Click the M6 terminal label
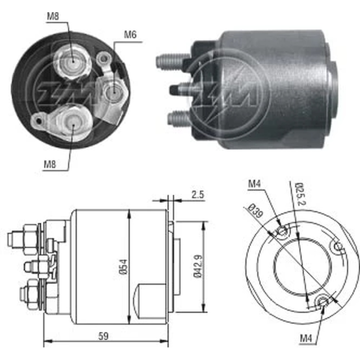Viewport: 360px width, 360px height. [130, 35]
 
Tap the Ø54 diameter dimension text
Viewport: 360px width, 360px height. [123, 267]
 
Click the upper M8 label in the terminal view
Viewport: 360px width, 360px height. [53, 16]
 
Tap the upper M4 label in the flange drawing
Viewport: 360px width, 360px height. [254, 184]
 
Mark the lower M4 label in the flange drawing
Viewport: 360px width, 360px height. [306, 338]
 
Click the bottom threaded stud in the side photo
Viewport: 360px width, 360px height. [178, 117]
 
